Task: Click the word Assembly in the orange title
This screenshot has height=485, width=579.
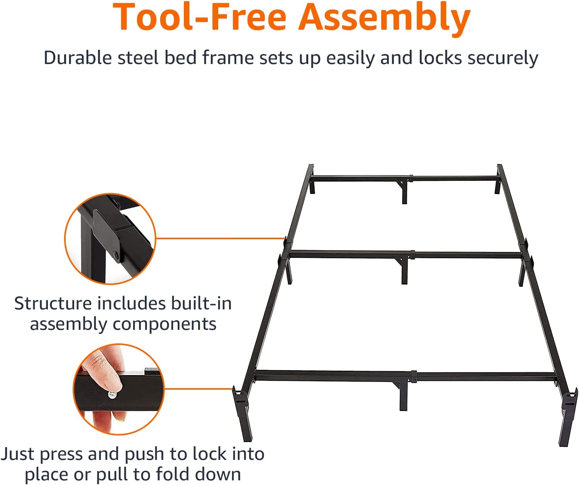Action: click(384, 19)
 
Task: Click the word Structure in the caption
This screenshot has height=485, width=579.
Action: click(53, 303)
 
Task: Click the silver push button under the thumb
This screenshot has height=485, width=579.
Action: click(112, 395)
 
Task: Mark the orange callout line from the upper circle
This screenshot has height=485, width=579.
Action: click(221, 238)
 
